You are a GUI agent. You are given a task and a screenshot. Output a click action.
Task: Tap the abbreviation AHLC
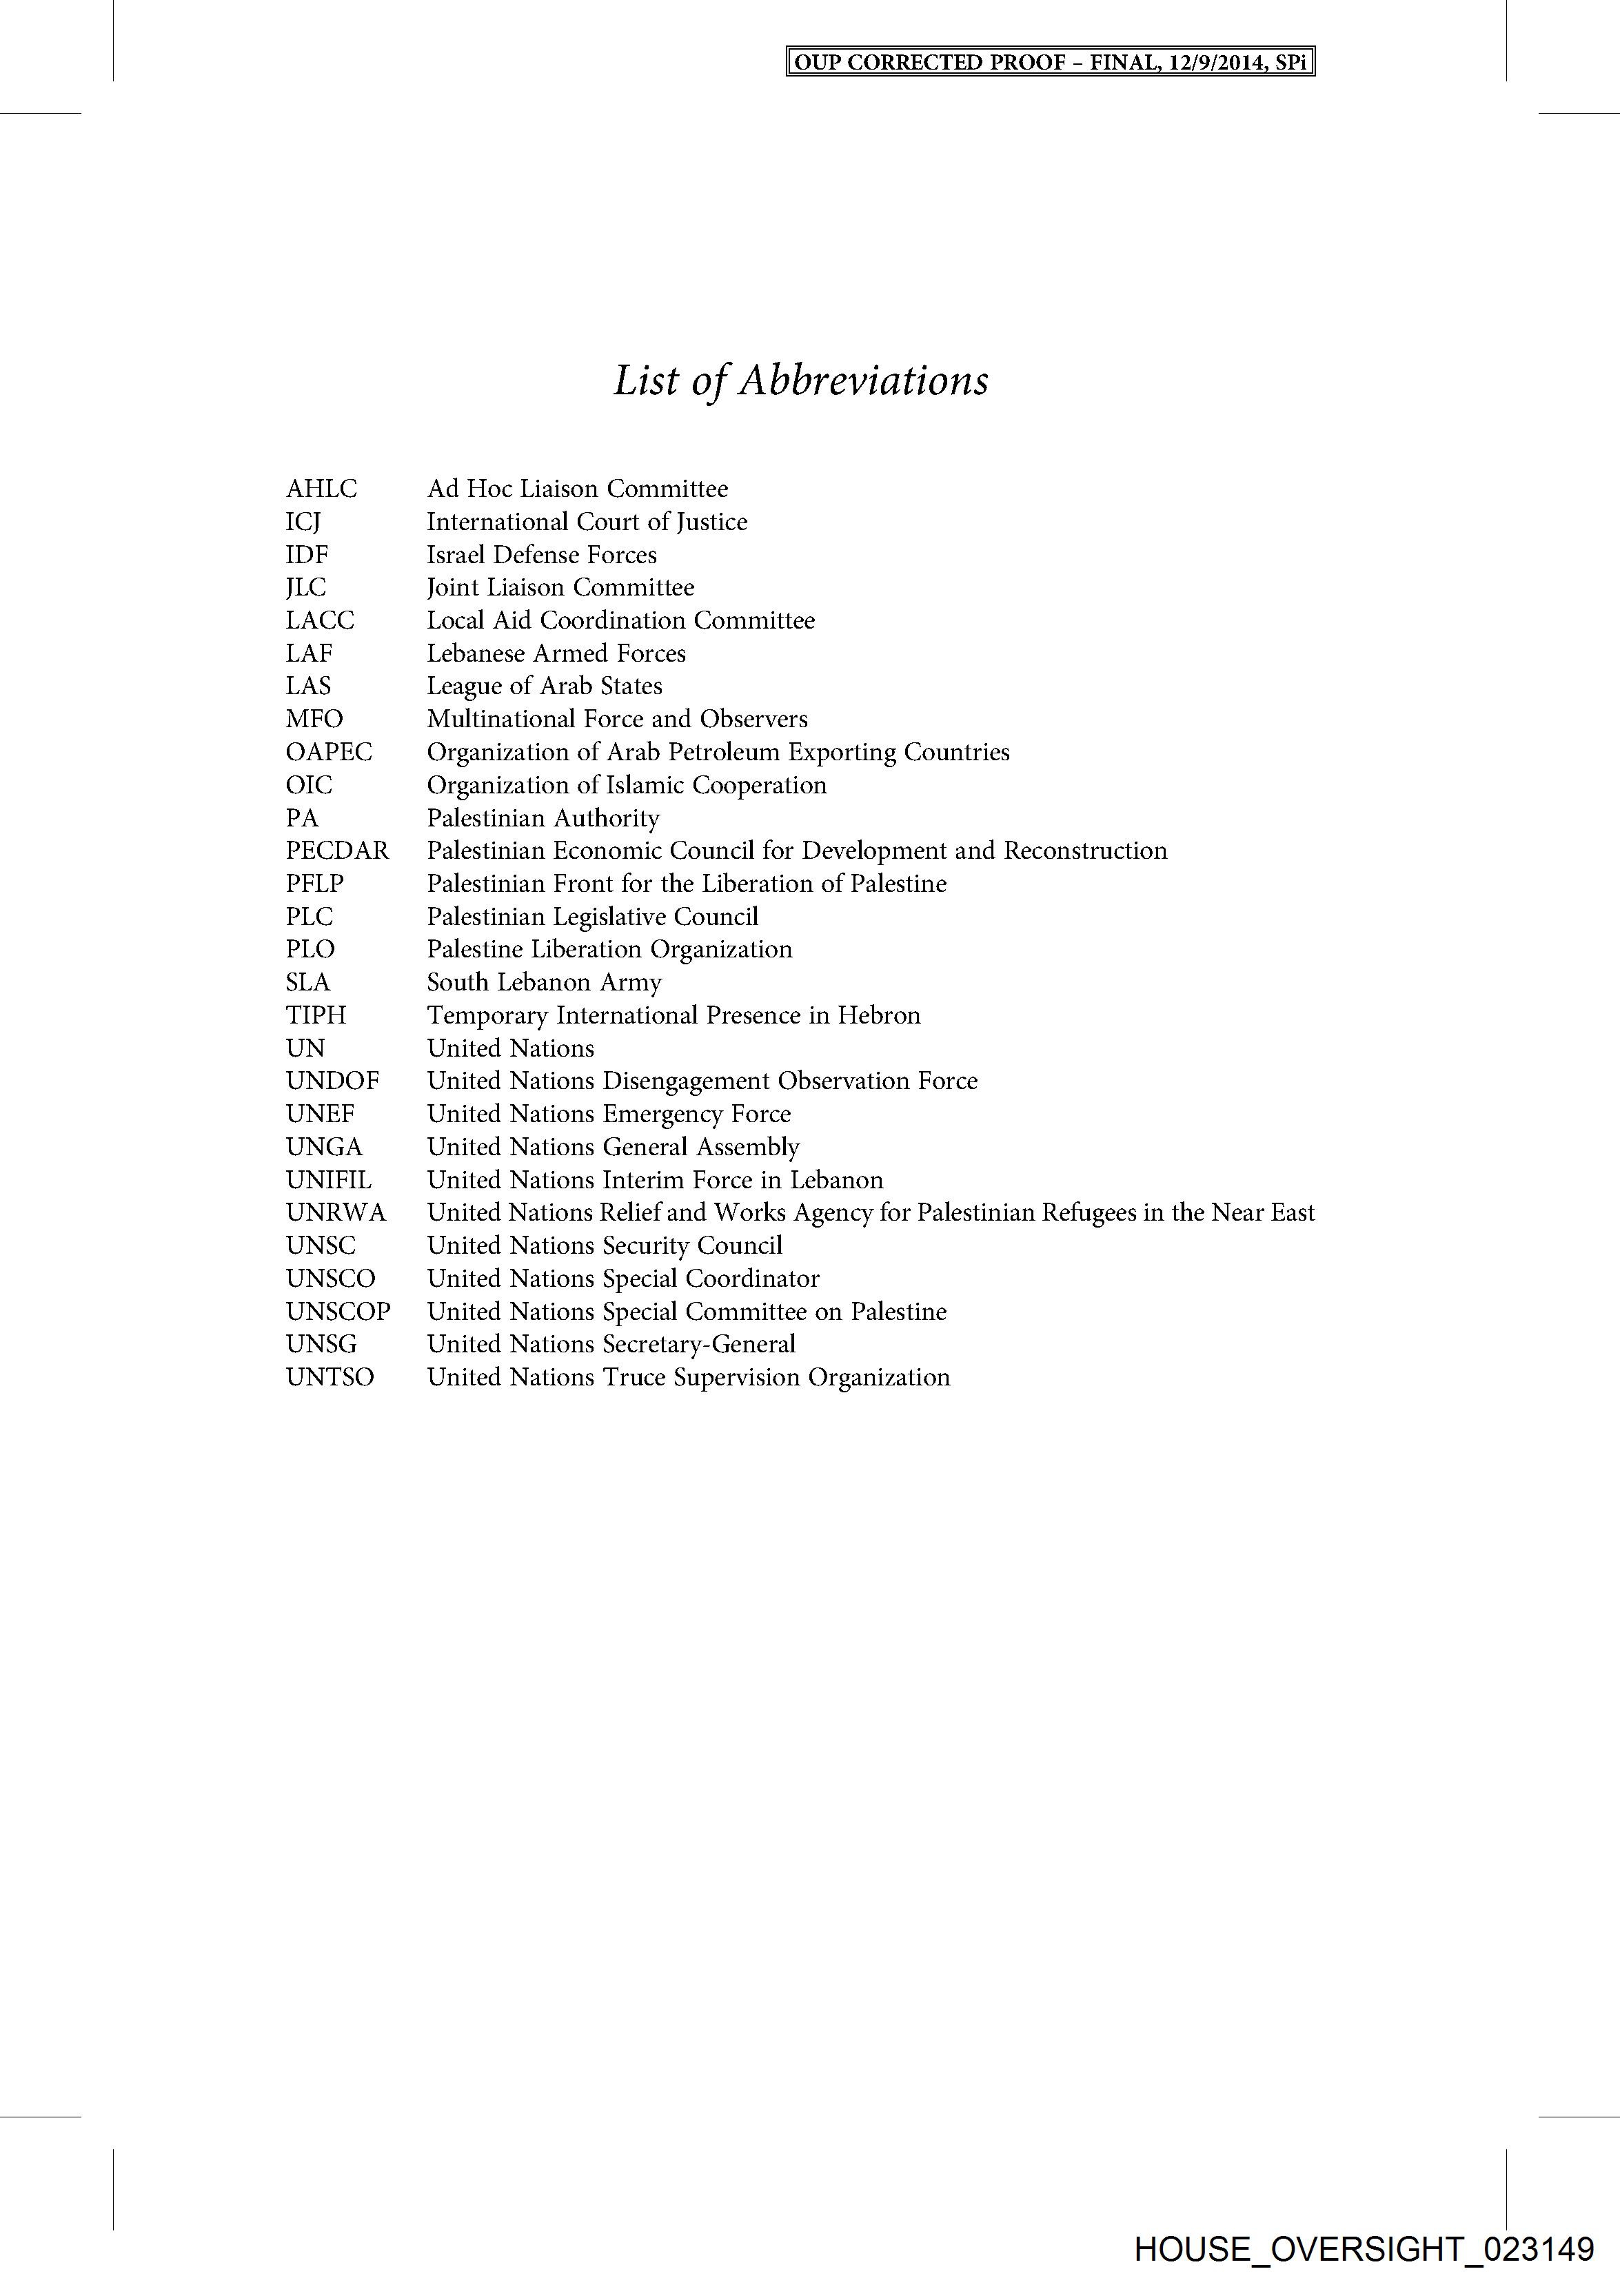(x=321, y=489)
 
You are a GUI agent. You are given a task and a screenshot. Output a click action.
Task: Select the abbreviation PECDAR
(x=337, y=851)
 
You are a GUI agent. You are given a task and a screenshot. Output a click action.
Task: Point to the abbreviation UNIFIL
(x=328, y=1180)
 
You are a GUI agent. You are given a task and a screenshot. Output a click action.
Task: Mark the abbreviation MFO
(x=314, y=719)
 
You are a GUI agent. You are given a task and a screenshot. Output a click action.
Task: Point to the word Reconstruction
(x=1084, y=851)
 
